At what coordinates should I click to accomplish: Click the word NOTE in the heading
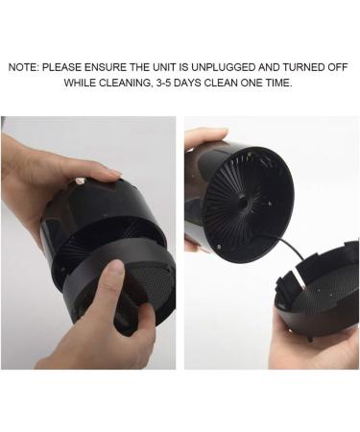pos(23,68)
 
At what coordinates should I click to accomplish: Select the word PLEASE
pos(64,68)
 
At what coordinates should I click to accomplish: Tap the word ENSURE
pos(112,68)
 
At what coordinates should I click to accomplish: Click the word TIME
pos(279,84)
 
